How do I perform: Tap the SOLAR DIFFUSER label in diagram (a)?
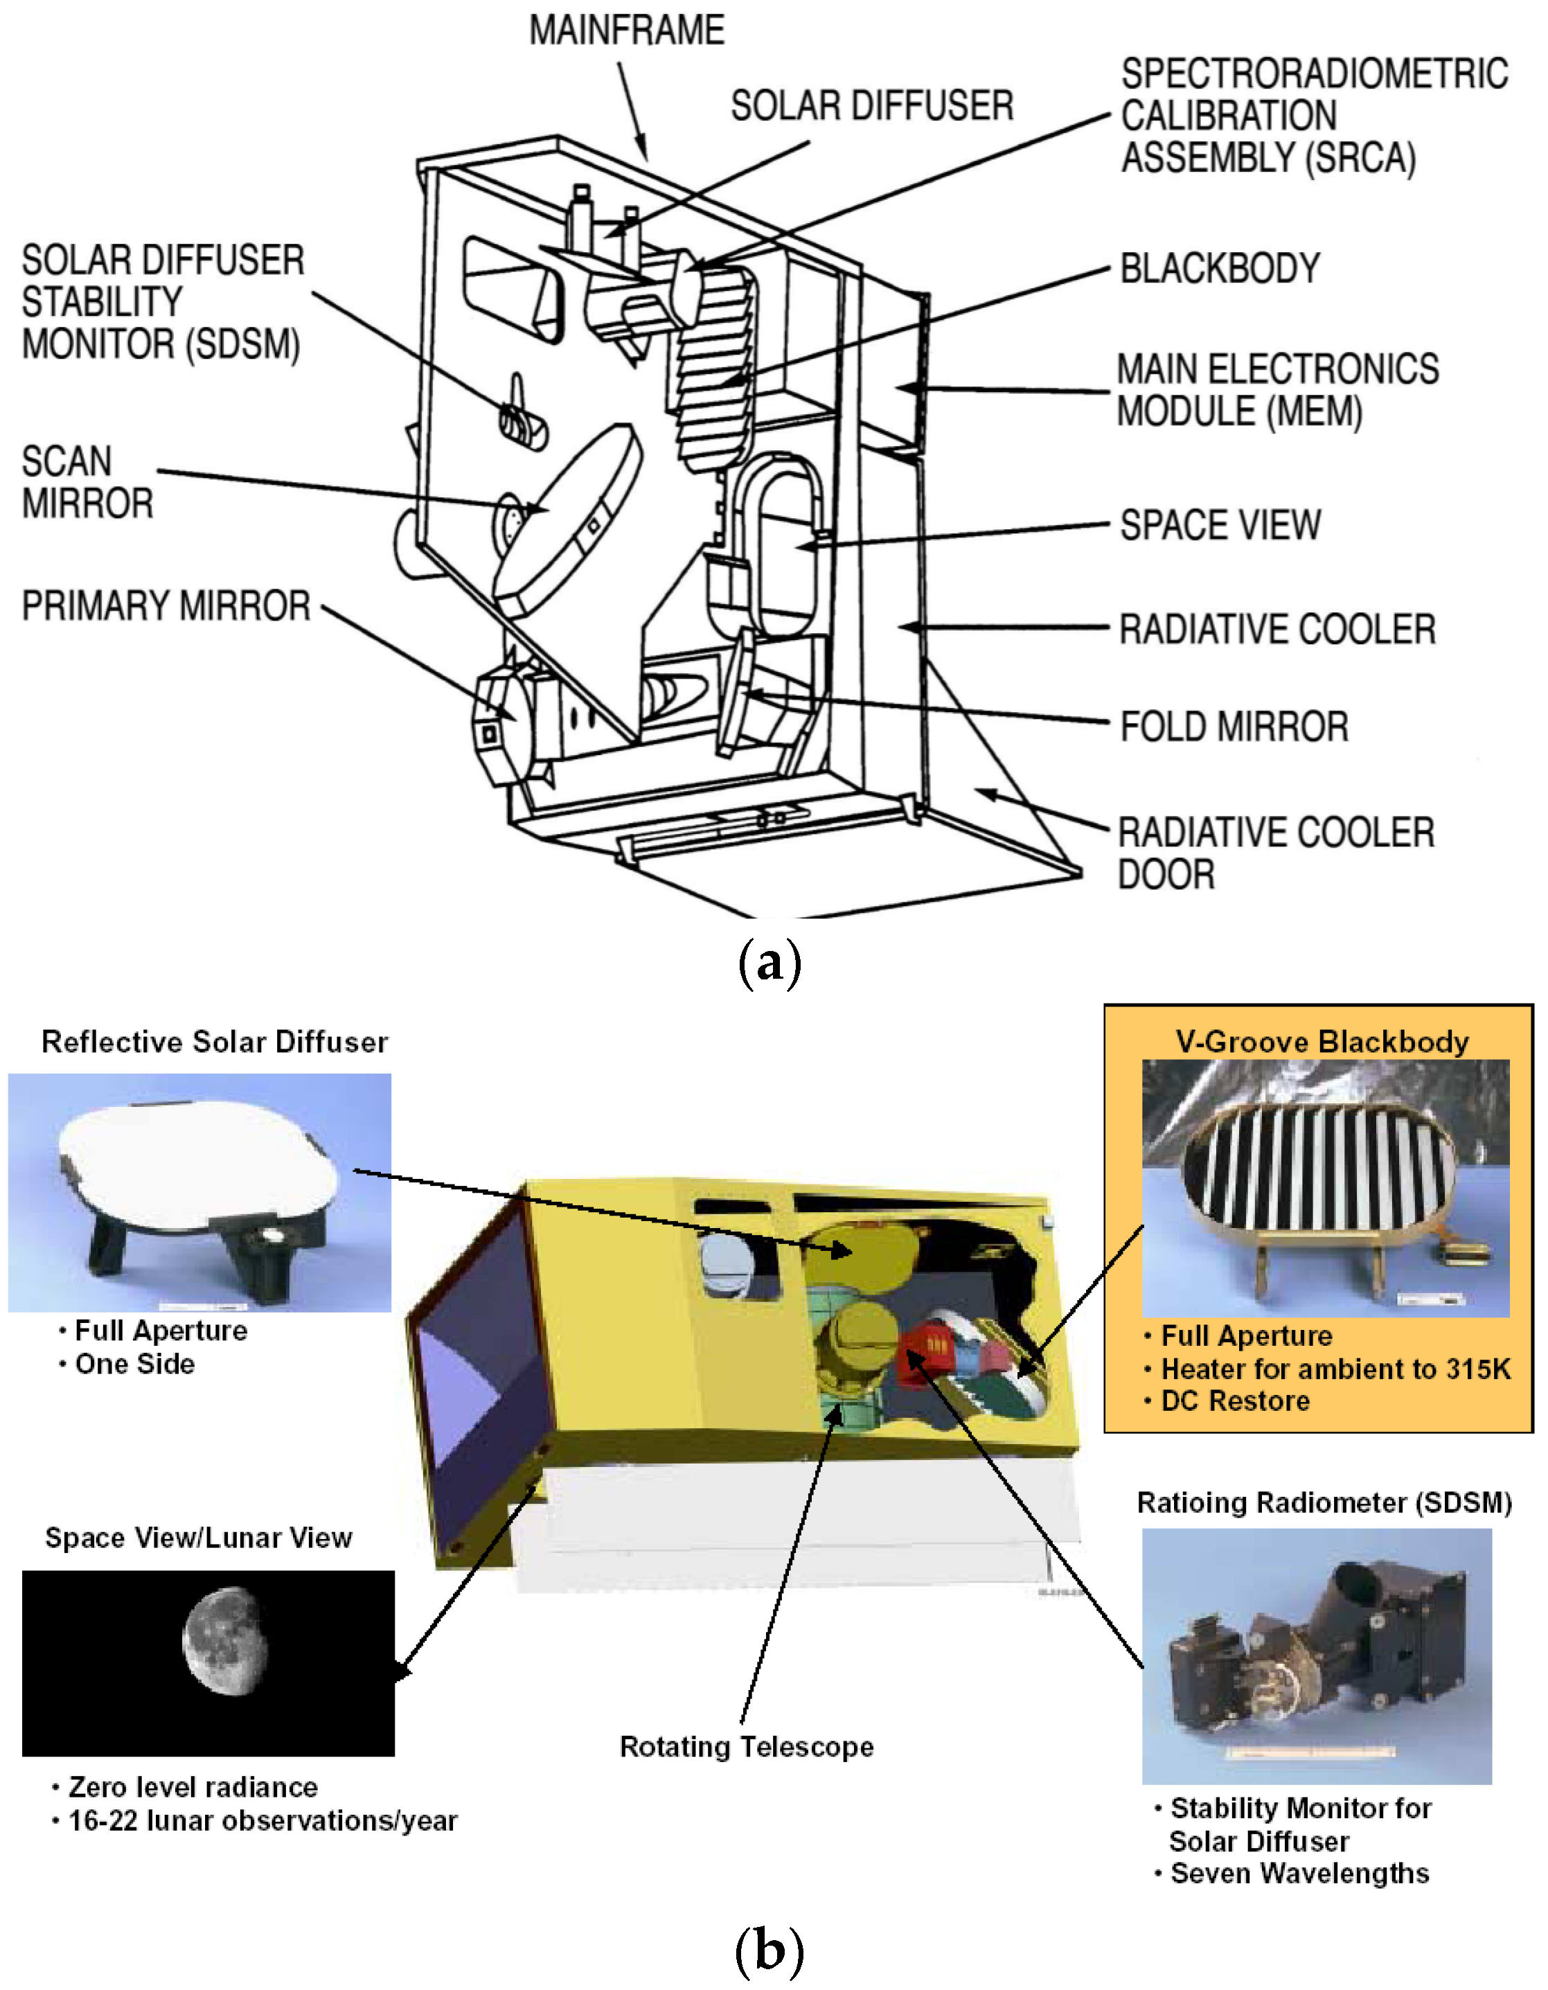click(x=871, y=106)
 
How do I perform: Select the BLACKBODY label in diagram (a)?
click(x=1219, y=269)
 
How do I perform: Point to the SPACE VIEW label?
click(x=1219, y=526)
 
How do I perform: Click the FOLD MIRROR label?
click(x=1233, y=727)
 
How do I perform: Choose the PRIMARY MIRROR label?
click(x=166, y=607)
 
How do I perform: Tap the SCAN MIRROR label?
click(x=87, y=483)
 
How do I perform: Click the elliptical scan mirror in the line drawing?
click(x=567, y=519)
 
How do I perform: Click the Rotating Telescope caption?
click(x=745, y=1747)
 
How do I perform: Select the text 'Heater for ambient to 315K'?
click(x=1335, y=1369)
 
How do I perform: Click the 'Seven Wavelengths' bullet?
click(x=1299, y=1874)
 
